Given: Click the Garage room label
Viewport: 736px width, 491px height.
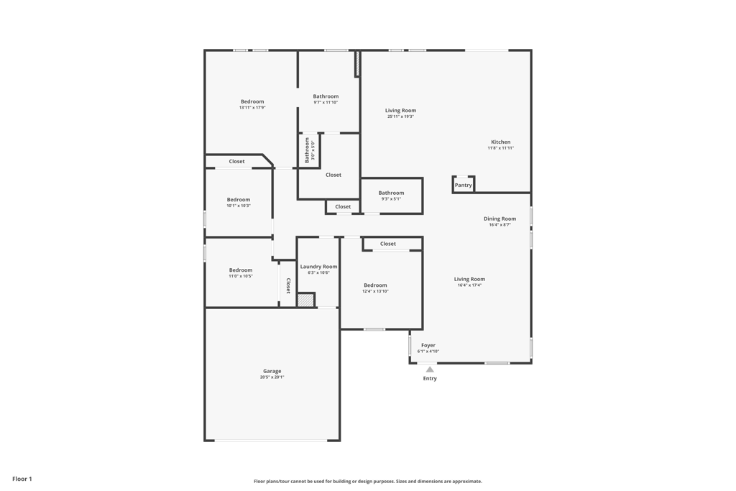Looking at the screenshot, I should coord(272,371).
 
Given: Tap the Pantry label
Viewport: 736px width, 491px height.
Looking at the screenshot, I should coord(464,185).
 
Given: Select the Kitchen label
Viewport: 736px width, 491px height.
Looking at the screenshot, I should coord(501,142).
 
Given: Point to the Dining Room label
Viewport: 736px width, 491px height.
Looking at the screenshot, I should coord(500,219).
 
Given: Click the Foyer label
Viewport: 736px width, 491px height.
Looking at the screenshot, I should coord(428,345).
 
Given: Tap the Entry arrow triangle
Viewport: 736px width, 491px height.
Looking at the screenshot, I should coord(430,370).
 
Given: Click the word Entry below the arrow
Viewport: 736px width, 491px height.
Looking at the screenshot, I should coord(430,379).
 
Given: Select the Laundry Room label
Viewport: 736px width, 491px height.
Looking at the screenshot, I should coord(318,267).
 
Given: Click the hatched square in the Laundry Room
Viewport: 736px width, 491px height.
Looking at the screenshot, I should coord(306,300).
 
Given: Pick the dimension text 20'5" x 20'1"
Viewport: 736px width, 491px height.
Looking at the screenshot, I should coord(272,377).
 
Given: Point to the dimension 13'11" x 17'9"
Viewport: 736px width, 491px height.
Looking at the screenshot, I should coord(252,108).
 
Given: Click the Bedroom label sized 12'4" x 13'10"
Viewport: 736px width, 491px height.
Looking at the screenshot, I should coord(375,285).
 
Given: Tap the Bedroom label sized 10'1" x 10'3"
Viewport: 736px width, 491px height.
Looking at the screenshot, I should coord(239,200).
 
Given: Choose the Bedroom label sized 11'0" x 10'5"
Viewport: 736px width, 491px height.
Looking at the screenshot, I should coord(241,270).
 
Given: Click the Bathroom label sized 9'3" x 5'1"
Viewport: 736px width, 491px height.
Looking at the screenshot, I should coord(392,193).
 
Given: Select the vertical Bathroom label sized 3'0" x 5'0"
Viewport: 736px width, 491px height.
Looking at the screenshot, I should coord(308,150).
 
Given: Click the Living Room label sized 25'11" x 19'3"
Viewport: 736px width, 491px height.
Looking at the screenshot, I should coord(400,111).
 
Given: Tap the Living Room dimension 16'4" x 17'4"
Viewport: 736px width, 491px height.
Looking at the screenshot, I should coord(469,285).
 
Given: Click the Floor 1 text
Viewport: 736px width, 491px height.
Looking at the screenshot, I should coord(22,479).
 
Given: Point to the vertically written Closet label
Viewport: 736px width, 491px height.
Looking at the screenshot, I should coord(288,285).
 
